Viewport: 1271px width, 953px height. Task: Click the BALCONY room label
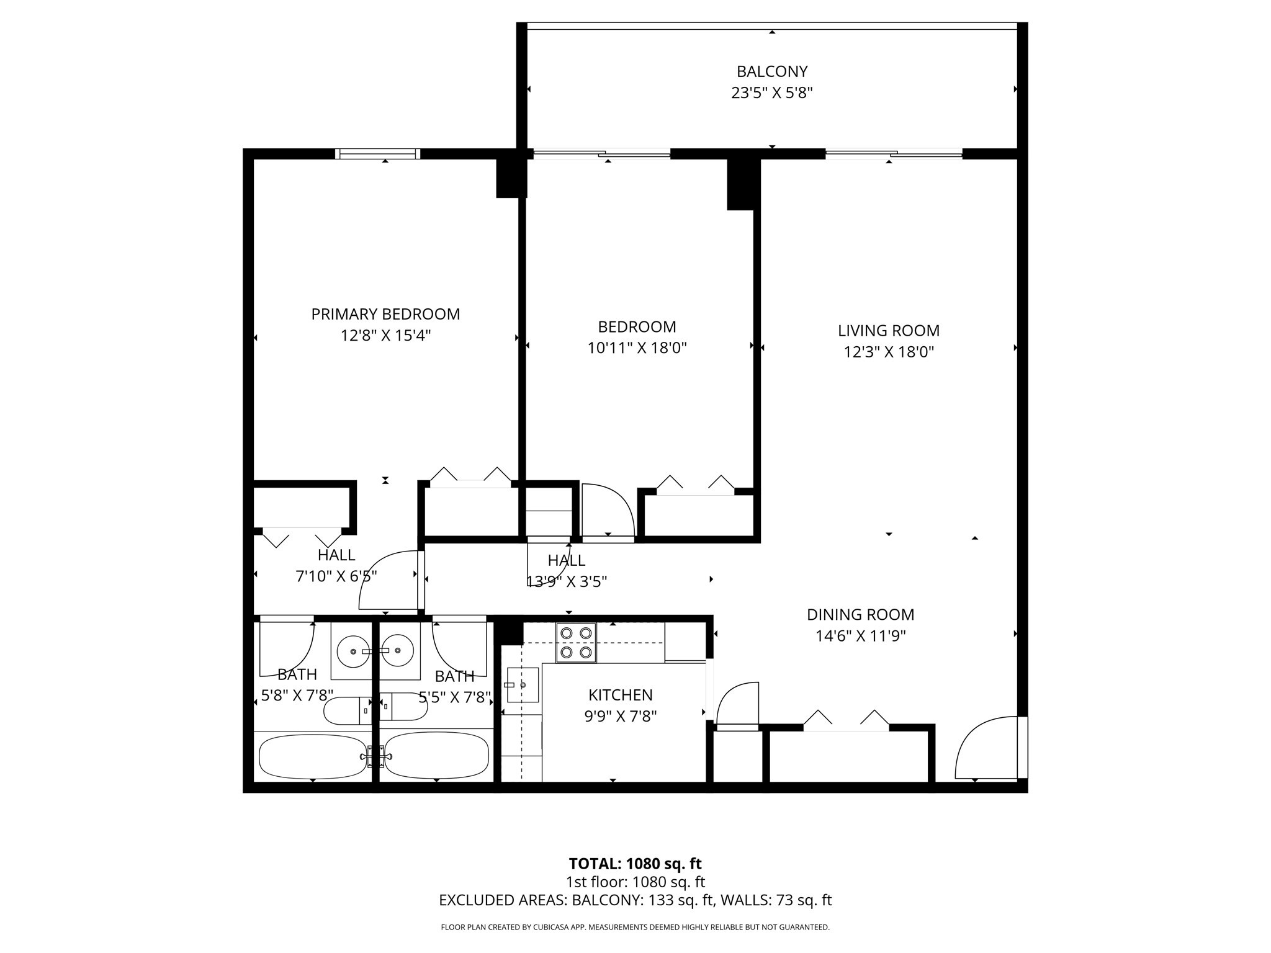pos(771,71)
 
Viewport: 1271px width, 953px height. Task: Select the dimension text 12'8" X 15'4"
pos(385,336)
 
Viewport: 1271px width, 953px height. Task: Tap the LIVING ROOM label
pos(888,331)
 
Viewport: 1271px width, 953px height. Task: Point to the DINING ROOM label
pos(860,615)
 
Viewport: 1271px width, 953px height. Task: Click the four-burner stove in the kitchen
pos(575,643)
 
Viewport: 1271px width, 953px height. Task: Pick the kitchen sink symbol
pos(522,685)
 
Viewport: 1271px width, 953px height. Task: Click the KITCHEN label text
pos(620,695)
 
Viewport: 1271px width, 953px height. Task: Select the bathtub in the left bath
pos(312,756)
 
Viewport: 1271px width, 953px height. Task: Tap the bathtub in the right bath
pos(436,756)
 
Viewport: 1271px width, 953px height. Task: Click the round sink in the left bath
pos(352,651)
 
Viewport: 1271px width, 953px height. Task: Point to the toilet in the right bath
pos(403,706)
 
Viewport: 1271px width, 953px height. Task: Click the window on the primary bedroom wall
pos(377,154)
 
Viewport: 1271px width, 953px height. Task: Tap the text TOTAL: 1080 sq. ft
pos(635,864)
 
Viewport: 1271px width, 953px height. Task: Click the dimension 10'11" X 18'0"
pos(637,348)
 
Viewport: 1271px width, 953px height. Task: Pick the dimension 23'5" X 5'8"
pos(771,93)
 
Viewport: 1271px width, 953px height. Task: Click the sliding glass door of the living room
pos(893,153)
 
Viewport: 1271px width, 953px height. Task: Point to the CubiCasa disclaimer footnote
pos(635,927)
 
